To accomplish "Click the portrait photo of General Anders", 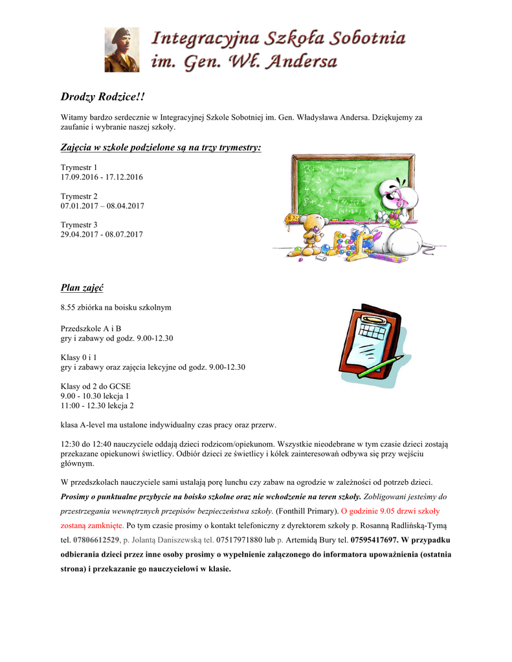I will (x=122, y=49).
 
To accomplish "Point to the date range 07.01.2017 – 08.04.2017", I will (x=102, y=206).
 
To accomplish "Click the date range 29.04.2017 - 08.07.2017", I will (x=102, y=234).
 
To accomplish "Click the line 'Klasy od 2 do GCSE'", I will (x=96, y=387).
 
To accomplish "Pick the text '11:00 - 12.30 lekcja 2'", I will (x=97, y=405).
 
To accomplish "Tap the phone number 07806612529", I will (x=96, y=539).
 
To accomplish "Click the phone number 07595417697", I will (x=373, y=539).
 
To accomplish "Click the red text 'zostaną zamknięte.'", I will (x=93, y=525).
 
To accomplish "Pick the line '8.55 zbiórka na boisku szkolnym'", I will (x=116, y=307).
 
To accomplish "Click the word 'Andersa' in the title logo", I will (x=302, y=62).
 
